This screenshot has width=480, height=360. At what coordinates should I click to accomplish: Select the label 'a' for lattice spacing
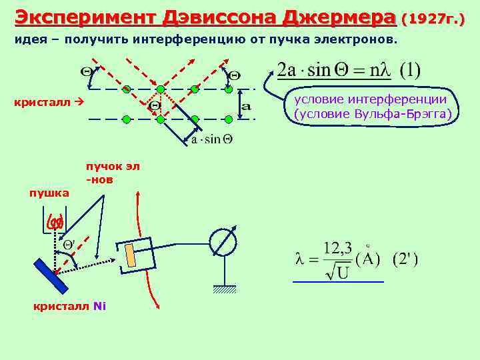click(245, 105)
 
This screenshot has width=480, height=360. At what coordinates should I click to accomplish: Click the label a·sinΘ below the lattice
click(211, 139)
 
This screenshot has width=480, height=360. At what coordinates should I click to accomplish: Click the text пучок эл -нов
click(112, 173)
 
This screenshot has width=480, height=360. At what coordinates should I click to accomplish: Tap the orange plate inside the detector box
click(131, 255)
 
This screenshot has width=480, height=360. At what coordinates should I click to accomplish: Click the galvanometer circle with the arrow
click(224, 241)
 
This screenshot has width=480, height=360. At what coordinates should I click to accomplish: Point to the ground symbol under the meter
click(225, 288)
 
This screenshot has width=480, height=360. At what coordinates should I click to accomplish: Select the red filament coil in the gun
click(55, 221)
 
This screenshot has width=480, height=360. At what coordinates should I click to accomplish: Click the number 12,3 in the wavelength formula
click(337, 248)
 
